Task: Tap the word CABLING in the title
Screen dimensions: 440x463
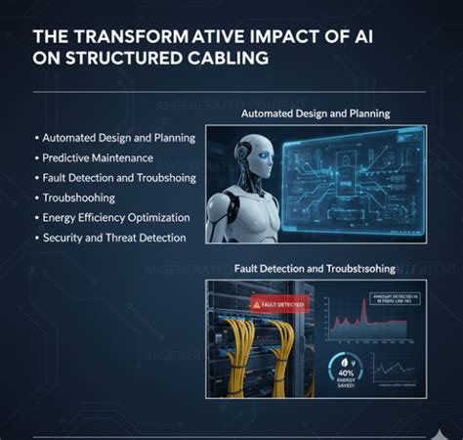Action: [x=221, y=58]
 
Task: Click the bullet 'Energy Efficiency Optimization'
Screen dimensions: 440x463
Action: [x=116, y=217]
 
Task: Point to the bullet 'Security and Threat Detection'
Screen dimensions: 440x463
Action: [x=112, y=238]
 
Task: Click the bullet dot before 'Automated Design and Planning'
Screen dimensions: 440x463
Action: [x=36, y=138]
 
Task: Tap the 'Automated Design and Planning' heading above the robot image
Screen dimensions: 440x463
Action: [x=316, y=113]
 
